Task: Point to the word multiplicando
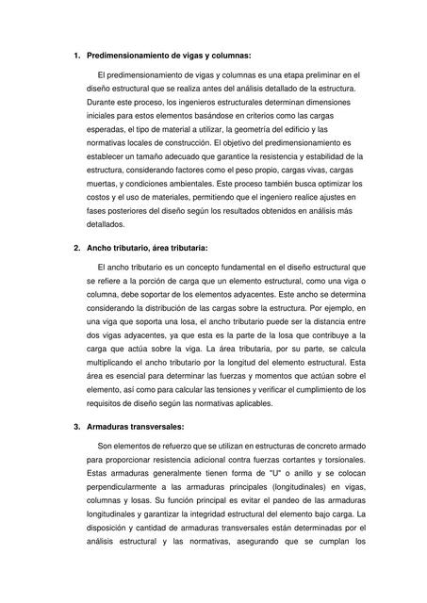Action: click(x=115, y=360)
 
